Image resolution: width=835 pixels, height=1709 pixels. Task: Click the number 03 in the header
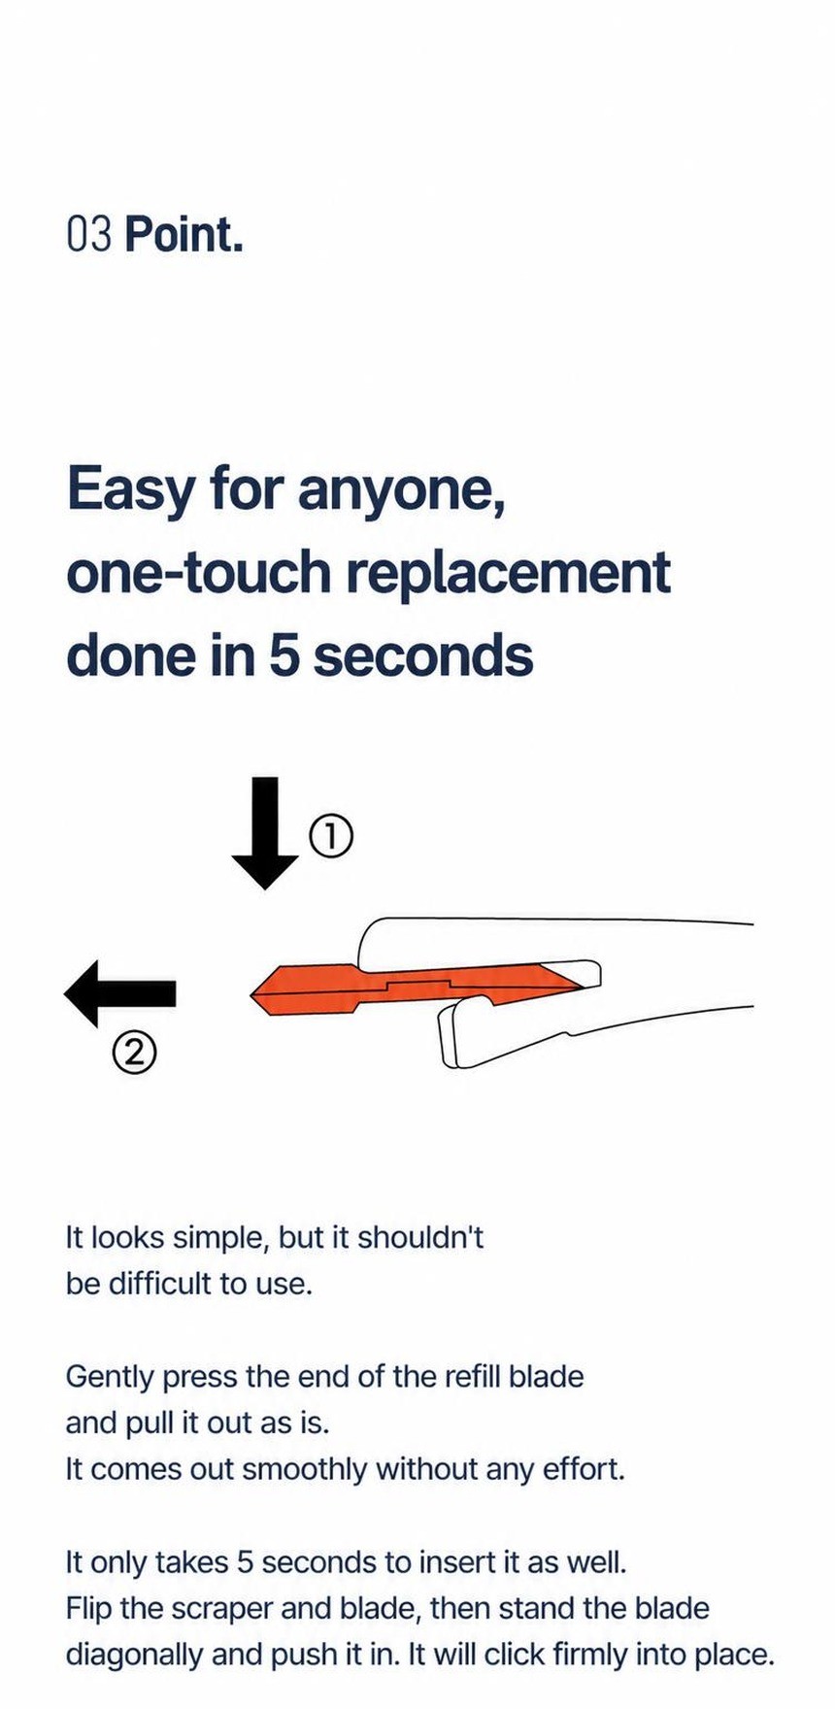click(90, 235)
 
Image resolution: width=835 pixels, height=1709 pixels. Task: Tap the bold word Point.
click(184, 235)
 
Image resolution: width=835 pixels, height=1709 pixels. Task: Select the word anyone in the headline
click(400, 492)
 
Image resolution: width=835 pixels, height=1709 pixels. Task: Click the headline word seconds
click(423, 655)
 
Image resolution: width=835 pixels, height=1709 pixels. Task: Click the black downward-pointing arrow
click(264, 833)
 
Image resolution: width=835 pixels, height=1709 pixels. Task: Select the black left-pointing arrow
click(119, 993)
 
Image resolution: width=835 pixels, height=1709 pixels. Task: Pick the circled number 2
click(134, 1052)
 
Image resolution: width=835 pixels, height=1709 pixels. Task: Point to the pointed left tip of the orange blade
click(252, 992)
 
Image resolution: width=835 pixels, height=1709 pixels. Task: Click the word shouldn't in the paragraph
click(420, 1238)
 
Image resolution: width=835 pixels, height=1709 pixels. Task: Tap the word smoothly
click(305, 1470)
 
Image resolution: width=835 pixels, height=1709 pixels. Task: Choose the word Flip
click(87, 1609)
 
